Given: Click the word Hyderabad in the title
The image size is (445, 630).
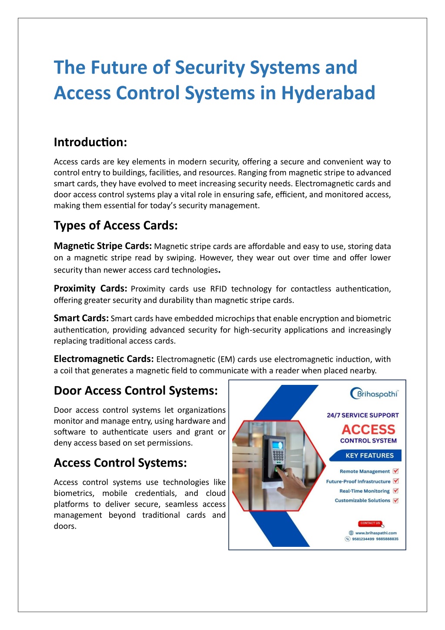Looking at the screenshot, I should [328, 93].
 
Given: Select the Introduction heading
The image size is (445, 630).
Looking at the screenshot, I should [90, 142].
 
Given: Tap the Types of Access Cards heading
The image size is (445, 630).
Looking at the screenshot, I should [116, 226].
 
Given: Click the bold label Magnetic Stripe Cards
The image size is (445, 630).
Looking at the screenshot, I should [103, 246].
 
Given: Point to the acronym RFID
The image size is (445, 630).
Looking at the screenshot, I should [218, 289].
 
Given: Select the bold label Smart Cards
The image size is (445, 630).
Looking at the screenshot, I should [81, 318].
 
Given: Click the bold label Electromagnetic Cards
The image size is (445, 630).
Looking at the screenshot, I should [104, 359].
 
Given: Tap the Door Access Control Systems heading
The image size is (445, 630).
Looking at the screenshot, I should [135, 391].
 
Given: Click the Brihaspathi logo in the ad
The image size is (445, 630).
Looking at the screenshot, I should [374, 394].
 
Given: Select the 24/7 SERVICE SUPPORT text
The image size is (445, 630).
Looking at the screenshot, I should [363, 415].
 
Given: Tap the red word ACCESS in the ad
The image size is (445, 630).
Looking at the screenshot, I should [368, 430].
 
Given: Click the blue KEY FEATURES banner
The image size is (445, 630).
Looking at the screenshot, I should [369, 455].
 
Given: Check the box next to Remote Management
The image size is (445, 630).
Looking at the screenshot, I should [395, 471].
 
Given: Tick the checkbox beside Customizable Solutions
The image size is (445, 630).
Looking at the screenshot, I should [395, 501].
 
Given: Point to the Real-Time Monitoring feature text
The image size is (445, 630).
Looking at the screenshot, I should [365, 491].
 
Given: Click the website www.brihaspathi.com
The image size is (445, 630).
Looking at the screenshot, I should [375, 533].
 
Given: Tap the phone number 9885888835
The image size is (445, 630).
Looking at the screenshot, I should [387, 539].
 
